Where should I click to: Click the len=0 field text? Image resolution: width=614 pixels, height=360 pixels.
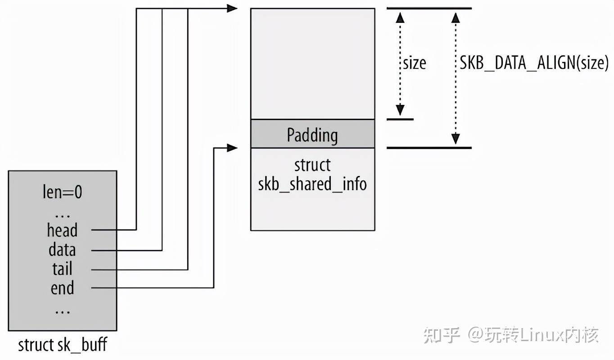pos(62,192)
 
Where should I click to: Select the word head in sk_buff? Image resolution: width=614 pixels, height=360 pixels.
pos(62,230)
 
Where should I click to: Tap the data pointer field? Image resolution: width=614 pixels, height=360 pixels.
pos(62,250)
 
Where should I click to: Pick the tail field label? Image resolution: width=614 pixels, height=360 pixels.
pos(62,269)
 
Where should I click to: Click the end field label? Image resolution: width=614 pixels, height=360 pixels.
pos(62,288)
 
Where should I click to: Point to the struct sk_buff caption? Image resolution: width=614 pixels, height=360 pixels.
pos(62,345)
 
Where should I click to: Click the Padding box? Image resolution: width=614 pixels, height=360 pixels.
pos(312,134)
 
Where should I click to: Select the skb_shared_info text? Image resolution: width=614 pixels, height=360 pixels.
pos(312,184)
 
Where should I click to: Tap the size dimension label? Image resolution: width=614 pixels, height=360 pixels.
pos(414,63)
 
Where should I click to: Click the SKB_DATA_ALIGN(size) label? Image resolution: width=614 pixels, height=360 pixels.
pos(534,63)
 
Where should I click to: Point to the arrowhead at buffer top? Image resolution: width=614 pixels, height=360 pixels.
pos(232,8)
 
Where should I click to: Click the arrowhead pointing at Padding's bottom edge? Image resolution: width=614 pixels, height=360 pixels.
pos(232,148)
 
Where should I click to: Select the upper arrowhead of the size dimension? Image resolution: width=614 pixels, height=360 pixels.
pos(400,18)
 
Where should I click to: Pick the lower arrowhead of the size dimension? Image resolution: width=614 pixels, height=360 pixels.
pos(400,110)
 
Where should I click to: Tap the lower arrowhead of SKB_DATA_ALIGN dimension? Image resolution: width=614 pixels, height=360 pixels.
pos(456,139)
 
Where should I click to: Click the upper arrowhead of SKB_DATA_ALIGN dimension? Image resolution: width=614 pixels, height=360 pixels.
pos(456,18)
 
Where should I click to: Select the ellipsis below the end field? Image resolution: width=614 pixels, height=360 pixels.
pos(62,310)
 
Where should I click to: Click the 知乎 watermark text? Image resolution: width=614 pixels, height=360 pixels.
pos(442,335)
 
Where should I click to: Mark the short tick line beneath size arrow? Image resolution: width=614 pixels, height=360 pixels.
pos(400,119)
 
